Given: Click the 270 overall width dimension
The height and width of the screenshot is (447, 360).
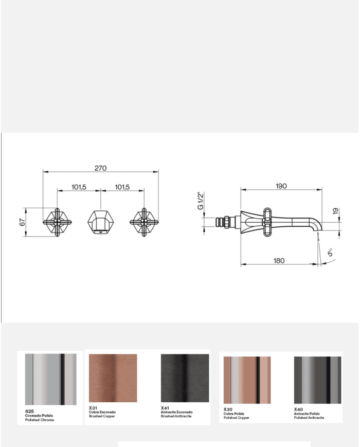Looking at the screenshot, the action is pyautogui.click(x=101, y=168).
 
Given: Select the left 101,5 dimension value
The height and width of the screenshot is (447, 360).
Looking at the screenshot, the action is pyautogui.click(x=79, y=187).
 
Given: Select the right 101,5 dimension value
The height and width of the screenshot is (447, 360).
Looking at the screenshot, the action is pyautogui.click(x=122, y=187).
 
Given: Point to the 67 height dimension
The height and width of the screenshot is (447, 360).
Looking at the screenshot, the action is pyautogui.click(x=23, y=222).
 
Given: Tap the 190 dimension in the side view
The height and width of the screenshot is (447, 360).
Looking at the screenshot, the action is pyautogui.click(x=281, y=186).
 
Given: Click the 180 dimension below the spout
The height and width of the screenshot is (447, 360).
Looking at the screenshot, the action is pyautogui.click(x=279, y=261).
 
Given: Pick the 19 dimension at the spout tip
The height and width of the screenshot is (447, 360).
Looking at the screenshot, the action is pyautogui.click(x=336, y=211).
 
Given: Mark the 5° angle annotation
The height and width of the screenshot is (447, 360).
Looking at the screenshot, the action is pyautogui.click(x=330, y=252).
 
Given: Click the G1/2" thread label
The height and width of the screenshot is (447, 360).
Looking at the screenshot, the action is pyautogui.click(x=201, y=201).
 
